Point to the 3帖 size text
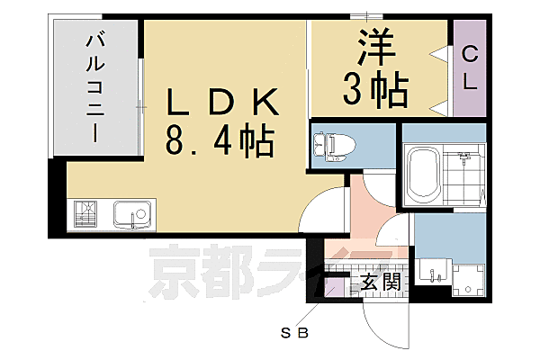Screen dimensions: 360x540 (376, 89)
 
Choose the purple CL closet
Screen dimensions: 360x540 (470, 67)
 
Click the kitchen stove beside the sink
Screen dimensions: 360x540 (89, 216)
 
